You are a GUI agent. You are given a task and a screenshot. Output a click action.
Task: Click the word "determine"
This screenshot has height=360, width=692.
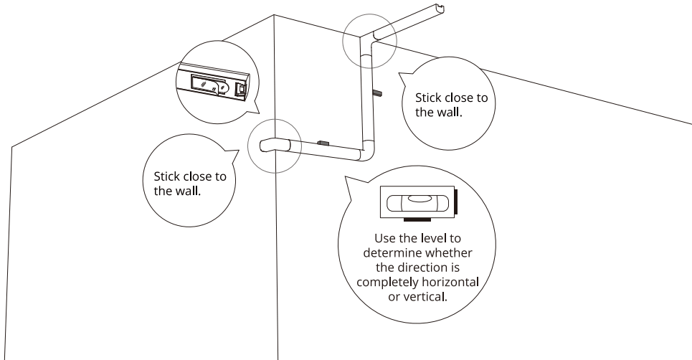click(x=387, y=252)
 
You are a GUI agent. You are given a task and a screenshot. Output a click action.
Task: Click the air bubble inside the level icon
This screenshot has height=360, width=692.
click(x=420, y=197)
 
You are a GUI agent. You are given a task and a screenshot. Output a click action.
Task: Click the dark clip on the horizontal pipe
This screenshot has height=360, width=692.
click(x=322, y=143)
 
